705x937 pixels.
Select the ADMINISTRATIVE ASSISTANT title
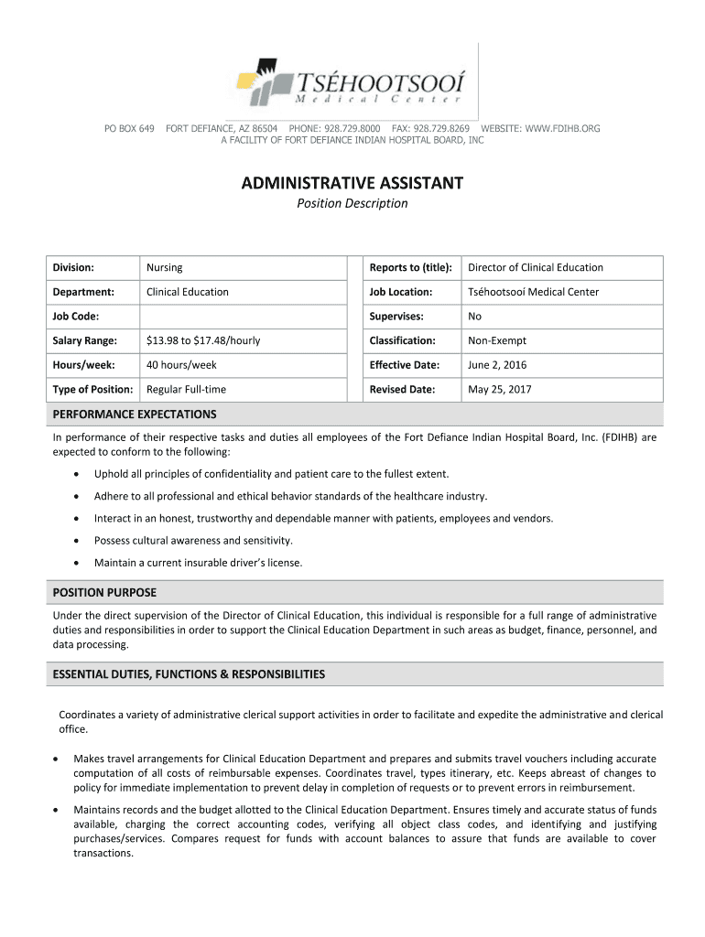(352, 184)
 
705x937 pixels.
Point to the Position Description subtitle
(352, 203)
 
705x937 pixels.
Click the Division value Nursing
(165, 267)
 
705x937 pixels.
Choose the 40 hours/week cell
(181, 365)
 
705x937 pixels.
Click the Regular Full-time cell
(186, 390)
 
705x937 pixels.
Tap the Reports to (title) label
(410, 267)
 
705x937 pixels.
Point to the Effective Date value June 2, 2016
(497, 365)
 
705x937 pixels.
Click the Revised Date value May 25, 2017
(499, 390)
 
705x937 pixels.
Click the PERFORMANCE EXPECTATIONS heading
(135, 415)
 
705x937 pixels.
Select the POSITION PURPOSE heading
(104, 593)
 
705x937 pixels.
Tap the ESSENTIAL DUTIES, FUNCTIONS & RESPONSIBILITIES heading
(189, 674)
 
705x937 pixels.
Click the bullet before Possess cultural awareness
(75, 541)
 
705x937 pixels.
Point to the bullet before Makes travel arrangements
(55, 759)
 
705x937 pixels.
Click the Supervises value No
(474, 317)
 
